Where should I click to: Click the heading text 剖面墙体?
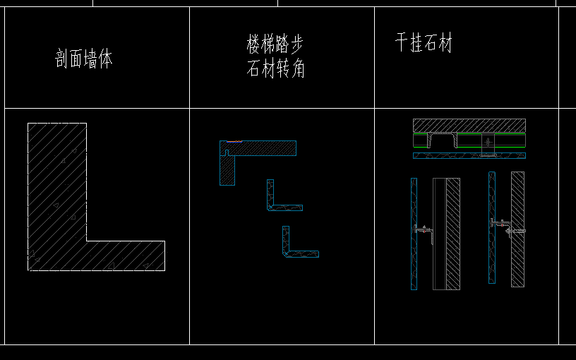coord(84,59)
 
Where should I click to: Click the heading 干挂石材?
coord(423,44)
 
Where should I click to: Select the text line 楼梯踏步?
coord(275,45)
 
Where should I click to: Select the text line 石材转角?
coord(275,69)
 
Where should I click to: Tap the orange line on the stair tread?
coord(234,141)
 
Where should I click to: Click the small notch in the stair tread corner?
coord(226,152)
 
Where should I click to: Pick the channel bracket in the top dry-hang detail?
coord(443,139)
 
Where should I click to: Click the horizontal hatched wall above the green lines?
coord(469,125)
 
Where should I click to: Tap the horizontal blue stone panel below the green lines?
coord(469,155)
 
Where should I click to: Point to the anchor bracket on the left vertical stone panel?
coord(424,230)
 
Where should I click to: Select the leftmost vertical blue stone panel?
coord(414,233)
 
